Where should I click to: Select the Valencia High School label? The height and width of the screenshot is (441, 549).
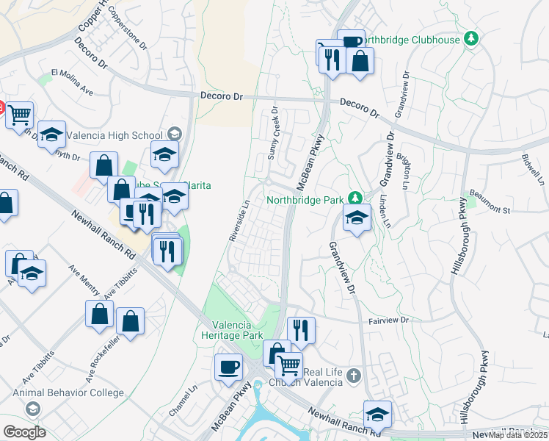coord(114,135)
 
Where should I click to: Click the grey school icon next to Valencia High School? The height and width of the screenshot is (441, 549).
coord(174,134)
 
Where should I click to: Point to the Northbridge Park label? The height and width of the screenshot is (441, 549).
coord(305,198)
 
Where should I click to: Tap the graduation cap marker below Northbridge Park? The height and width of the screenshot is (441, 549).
coord(357,218)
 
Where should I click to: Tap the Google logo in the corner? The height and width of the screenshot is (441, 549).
coord(23,432)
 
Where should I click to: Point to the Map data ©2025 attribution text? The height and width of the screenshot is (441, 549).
coord(518,435)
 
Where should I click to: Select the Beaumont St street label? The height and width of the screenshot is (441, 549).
coord(490,210)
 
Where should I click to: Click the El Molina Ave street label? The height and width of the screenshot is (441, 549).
coord(72,82)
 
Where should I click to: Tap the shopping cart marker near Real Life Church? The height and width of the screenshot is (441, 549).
coord(288,364)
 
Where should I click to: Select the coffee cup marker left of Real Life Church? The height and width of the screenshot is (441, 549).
coord(229,365)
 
